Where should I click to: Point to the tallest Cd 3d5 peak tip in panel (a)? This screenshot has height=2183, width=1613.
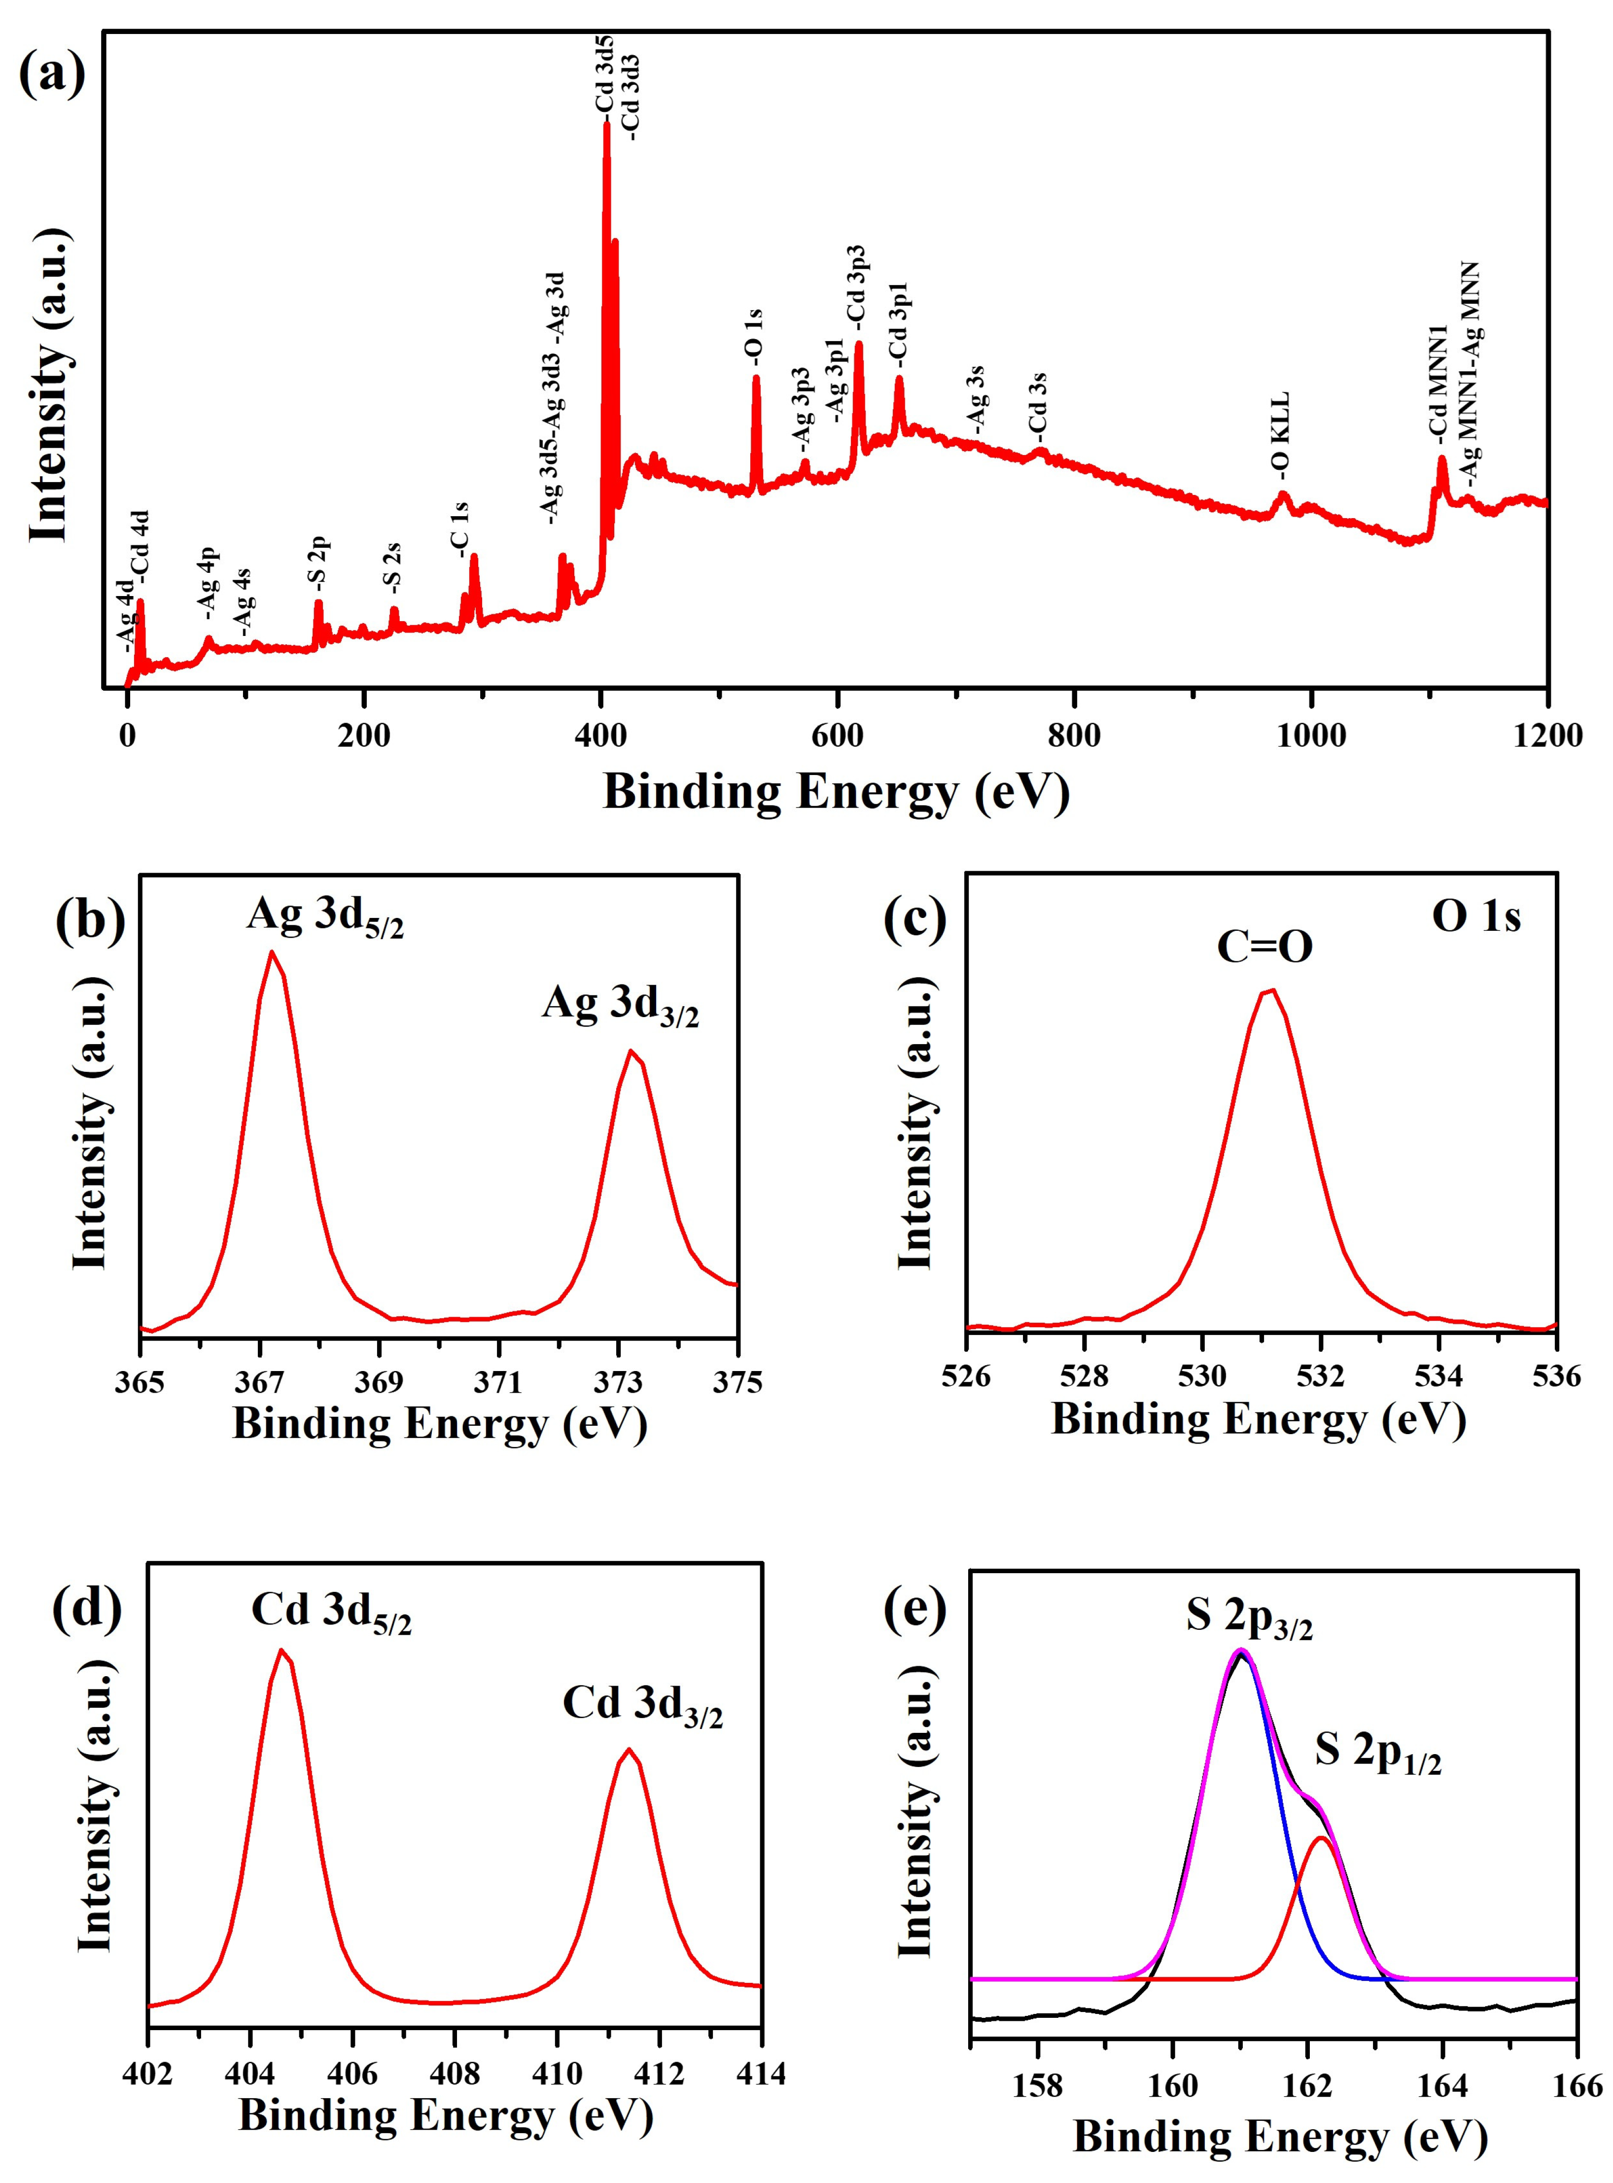[x=606, y=124]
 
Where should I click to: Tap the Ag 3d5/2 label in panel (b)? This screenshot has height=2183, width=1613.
[x=324, y=918]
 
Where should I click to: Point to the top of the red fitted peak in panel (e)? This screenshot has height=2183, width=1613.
[x=1320, y=1838]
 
